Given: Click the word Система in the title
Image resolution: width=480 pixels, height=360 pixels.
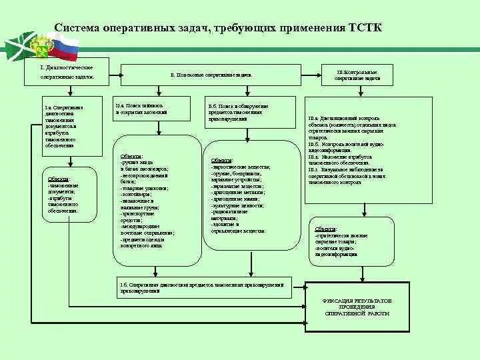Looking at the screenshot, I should pyautogui.click(x=78, y=28).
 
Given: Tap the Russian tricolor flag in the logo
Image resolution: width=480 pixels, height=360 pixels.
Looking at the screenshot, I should pyautogui.click(x=65, y=47).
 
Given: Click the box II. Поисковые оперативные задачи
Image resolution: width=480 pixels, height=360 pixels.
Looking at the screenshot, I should pyautogui.click(x=210, y=75).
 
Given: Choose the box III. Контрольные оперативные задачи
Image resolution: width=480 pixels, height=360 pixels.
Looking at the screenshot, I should pyautogui.click(x=358, y=74).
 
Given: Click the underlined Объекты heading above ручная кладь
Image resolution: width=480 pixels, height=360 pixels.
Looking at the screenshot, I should pyautogui.click(x=131, y=156).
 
